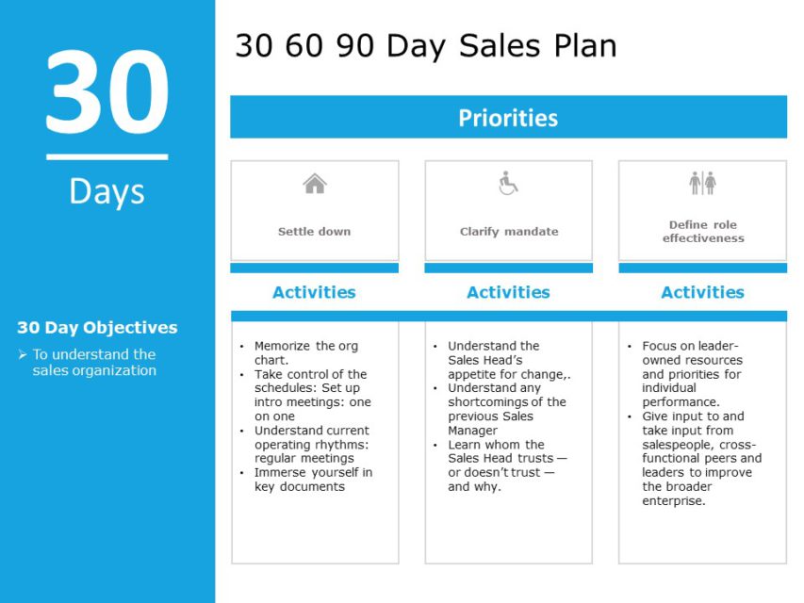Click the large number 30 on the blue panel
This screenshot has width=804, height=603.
coord(107,91)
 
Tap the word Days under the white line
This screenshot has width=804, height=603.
coord(107,191)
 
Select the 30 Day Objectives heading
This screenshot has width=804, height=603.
coord(97,327)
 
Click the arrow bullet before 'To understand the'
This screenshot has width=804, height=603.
coord(23,354)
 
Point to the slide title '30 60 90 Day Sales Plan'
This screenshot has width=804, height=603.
coord(426,45)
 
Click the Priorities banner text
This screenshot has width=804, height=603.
coord(508,118)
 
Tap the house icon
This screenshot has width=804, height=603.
coord(314,184)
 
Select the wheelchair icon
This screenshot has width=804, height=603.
coord(508,183)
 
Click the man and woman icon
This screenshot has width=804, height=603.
coord(702,183)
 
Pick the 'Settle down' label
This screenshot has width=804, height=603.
coord(314,231)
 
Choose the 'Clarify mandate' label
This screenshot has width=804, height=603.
coord(509,232)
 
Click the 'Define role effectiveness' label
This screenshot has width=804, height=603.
coord(703,231)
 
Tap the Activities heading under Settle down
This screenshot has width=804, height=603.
coord(314,292)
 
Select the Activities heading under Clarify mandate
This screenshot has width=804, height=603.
coord(508,292)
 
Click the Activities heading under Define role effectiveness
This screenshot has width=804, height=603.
coord(702,292)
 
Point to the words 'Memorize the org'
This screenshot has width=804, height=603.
coord(306,346)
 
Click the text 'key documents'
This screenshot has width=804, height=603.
coord(300,486)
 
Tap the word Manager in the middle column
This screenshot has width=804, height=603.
coord(472,431)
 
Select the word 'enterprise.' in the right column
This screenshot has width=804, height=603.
coord(674,501)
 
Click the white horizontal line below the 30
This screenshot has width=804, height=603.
coord(107,157)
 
